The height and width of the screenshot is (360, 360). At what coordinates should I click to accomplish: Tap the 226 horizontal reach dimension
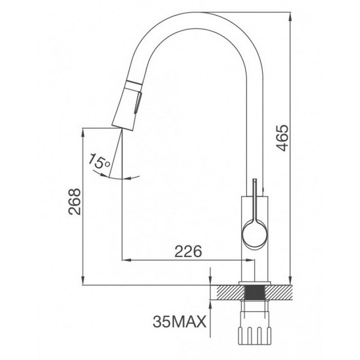click(186, 250)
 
